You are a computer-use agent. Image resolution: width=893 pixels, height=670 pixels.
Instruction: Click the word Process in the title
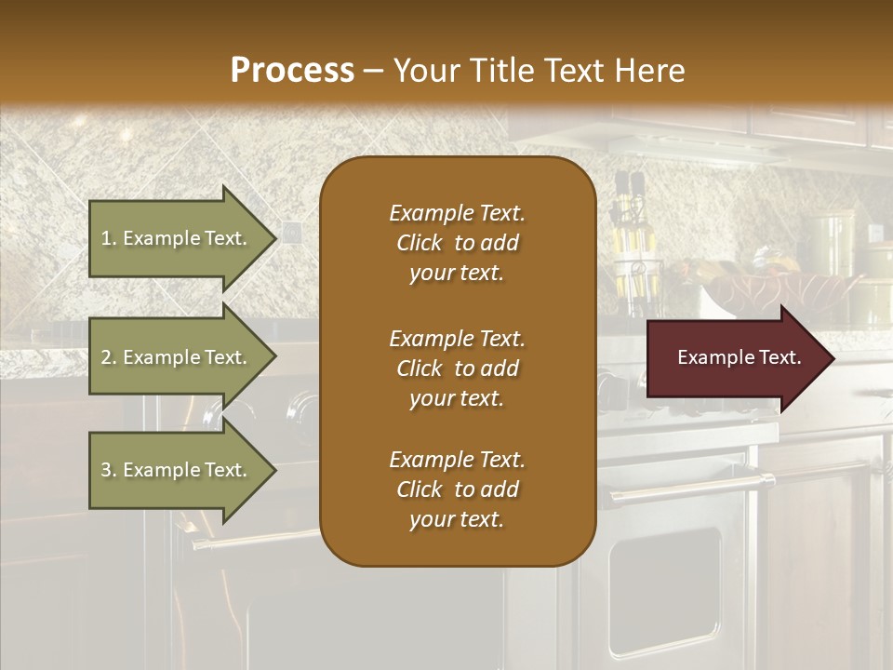(x=292, y=70)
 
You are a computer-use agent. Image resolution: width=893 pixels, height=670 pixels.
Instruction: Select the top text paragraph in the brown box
(x=457, y=243)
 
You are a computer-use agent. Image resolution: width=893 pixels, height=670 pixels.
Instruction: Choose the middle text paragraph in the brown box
(x=457, y=368)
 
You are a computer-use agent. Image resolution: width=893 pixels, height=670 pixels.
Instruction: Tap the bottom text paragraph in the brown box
(x=457, y=489)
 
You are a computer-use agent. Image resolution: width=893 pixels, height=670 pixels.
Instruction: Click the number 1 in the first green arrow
(x=106, y=238)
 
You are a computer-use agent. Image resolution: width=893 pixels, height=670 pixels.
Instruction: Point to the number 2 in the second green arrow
(x=106, y=357)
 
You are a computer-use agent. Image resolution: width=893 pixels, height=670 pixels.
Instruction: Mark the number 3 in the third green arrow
(x=106, y=470)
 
